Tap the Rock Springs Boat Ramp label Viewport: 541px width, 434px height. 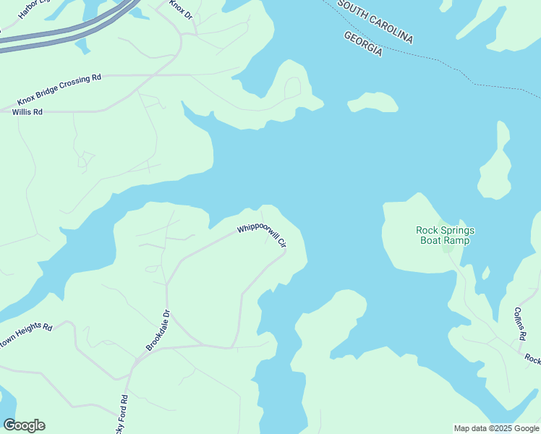coord(446,235)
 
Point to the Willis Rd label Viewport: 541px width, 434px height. coord(27,112)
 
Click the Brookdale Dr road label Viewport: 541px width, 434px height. coord(158,331)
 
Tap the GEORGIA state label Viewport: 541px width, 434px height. coord(362,44)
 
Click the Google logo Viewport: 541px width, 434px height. coord(24,425)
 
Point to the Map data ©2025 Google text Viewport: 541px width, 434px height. coord(497,428)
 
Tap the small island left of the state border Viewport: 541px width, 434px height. coord(373,103)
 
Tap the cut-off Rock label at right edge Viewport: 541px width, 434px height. coord(532,359)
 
